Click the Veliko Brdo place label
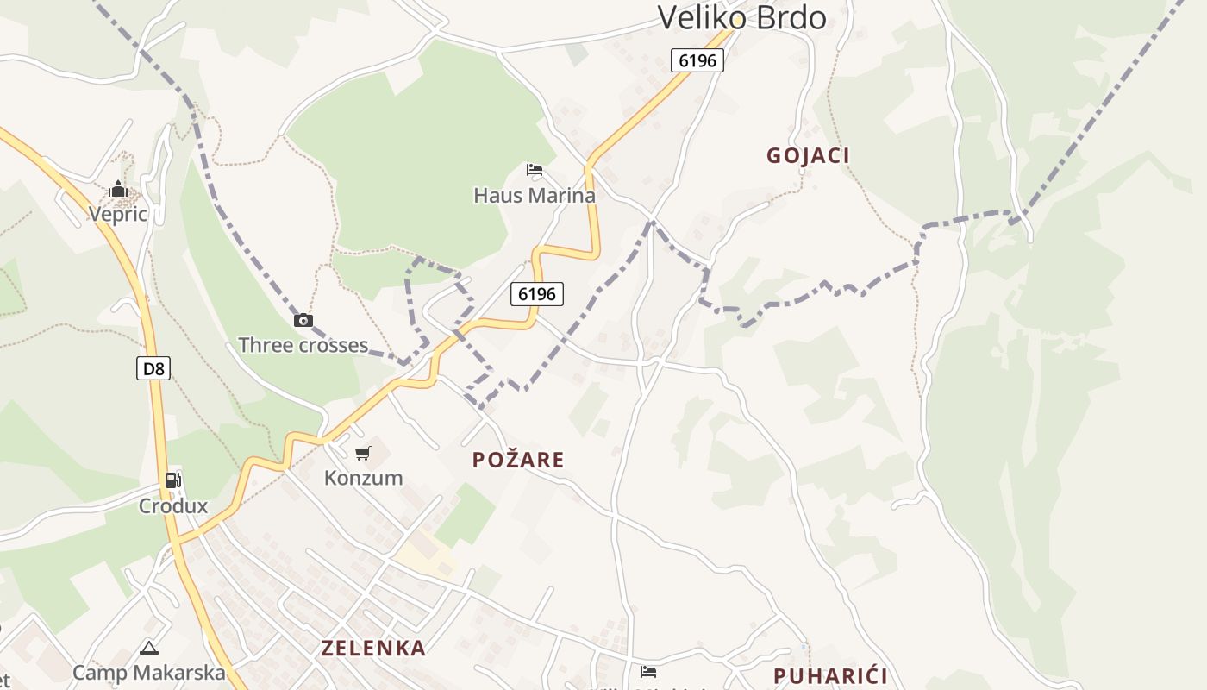pyautogui.click(x=741, y=17)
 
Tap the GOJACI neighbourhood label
pyautogui.click(x=808, y=155)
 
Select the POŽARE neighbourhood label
pyautogui.click(x=518, y=460)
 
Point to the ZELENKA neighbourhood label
pyautogui.click(x=373, y=648)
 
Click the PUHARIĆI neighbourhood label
pyautogui.click(x=830, y=675)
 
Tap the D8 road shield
pyautogui.click(x=153, y=369)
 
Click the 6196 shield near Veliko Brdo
pyautogui.click(x=697, y=60)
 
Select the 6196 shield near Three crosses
pyautogui.click(x=537, y=294)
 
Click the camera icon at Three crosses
pyautogui.click(x=303, y=321)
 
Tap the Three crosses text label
pyautogui.click(x=303, y=345)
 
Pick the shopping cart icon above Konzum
pyautogui.click(x=363, y=453)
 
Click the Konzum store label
pyautogui.click(x=363, y=477)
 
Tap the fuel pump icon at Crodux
pyautogui.click(x=173, y=480)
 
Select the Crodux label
pyautogui.click(x=173, y=505)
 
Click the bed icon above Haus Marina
pyautogui.click(x=535, y=170)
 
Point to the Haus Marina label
pyautogui.click(x=535, y=195)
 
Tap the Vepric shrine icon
pyautogui.click(x=118, y=190)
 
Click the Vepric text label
pyautogui.click(x=118, y=214)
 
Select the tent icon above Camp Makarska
pyautogui.click(x=149, y=648)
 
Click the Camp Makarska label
pyautogui.click(x=149, y=672)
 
